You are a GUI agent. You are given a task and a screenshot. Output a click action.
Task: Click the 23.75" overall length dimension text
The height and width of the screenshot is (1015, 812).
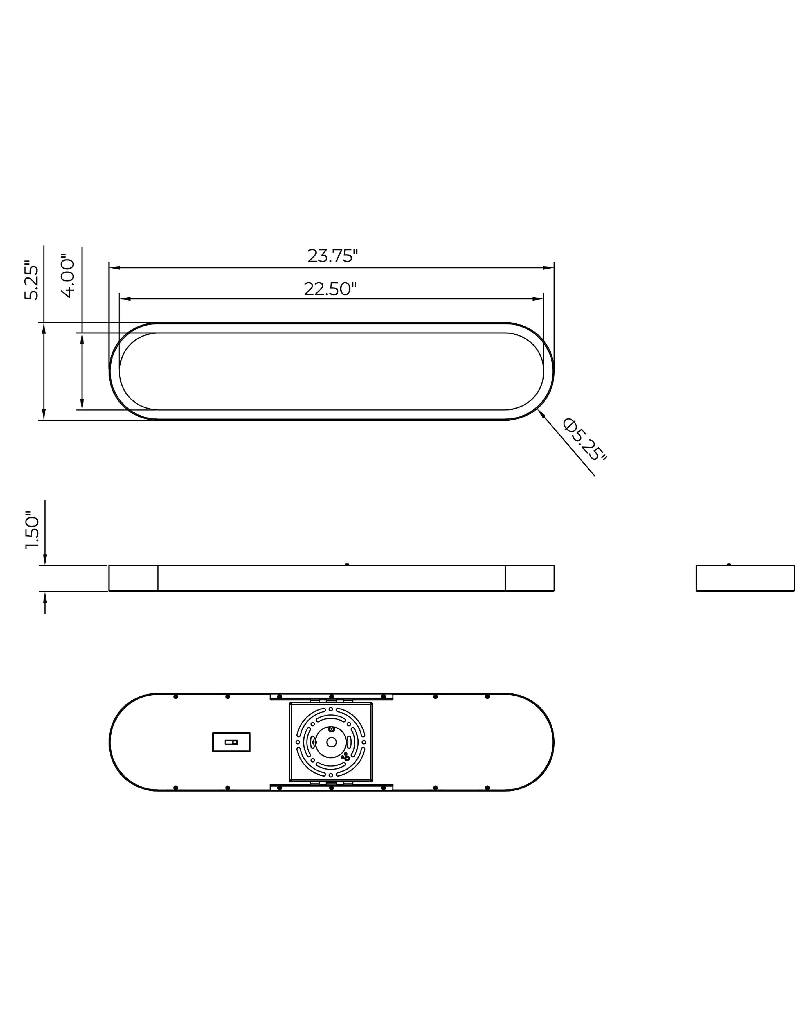(332, 256)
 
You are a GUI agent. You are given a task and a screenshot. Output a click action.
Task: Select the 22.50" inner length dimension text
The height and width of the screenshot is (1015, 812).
(330, 289)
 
